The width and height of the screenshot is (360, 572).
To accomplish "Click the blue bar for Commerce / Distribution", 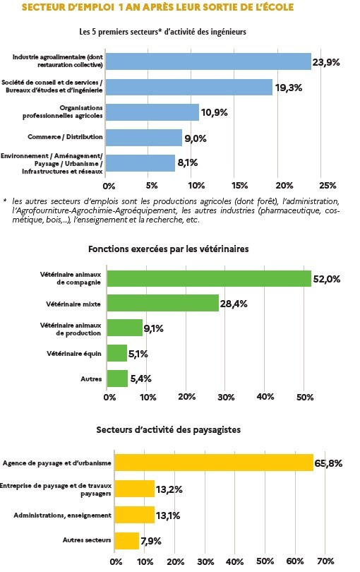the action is pos(144,138).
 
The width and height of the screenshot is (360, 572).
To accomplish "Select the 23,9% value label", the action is pos(325,62).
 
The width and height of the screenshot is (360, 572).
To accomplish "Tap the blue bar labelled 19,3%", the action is pos(189,87).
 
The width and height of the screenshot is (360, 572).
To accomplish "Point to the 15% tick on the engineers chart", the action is pos(239,185).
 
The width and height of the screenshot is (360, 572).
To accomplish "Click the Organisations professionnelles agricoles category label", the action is pos(63,112).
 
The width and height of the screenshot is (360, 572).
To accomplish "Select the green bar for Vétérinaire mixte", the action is pos(163,303).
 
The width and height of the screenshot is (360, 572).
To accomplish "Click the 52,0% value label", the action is pos(326,279).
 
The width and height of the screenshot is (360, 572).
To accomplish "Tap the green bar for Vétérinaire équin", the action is pos(117,353).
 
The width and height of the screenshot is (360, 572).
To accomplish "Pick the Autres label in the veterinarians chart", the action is pos(91,379).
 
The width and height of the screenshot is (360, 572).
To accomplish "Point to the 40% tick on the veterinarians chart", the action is pos(265,397).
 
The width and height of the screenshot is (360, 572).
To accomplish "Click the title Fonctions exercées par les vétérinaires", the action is pos(169,249).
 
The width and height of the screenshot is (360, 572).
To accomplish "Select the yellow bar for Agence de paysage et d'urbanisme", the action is pos(214,463).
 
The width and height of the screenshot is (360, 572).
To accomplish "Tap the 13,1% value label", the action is pos(168,516).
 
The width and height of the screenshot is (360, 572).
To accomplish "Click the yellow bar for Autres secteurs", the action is pos(127,541).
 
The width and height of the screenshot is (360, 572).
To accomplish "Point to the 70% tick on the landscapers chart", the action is pos(325,561).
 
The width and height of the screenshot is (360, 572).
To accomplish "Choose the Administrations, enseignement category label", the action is pos(62,516).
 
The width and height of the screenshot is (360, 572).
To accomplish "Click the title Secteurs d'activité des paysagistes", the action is pos(169,430).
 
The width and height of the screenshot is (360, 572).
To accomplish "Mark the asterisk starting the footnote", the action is pos(5,201).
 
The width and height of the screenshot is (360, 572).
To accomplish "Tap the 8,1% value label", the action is pos(188,162).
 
